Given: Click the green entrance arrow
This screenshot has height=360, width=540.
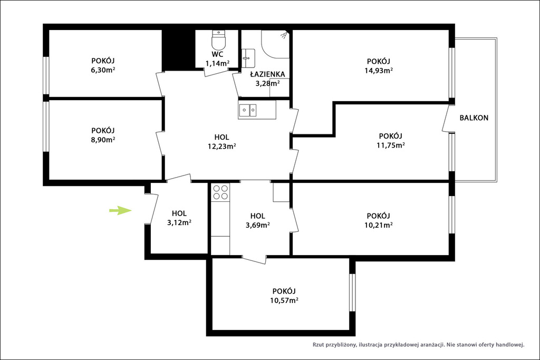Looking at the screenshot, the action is click(120, 210).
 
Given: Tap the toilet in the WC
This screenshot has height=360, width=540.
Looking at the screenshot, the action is click(218, 40).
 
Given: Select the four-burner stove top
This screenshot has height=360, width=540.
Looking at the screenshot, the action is click(220, 192).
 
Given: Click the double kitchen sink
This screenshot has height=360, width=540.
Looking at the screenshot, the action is click(248, 110).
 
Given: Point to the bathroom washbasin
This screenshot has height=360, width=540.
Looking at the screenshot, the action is click(248, 58).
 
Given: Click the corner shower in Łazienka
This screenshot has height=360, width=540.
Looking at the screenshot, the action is click(274, 44).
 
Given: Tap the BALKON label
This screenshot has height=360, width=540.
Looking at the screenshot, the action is click(474, 118).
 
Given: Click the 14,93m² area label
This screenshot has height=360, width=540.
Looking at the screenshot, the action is click(379, 71).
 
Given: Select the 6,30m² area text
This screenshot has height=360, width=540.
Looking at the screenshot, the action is click(103, 70).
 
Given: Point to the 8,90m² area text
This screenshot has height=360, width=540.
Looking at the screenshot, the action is click(103, 140).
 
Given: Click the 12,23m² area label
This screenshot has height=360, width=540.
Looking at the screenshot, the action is click(221, 147).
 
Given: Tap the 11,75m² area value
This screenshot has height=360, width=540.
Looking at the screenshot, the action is click(391, 145).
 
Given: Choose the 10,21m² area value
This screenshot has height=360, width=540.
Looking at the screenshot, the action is click(379, 226).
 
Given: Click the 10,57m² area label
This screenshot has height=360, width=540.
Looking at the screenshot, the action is click(284, 300).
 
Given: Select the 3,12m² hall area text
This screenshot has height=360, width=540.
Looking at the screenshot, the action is click(179, 222).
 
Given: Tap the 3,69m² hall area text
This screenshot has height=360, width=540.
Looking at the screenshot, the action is click(257, 226).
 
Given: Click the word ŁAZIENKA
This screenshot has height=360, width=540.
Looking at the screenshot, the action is click(267, 74).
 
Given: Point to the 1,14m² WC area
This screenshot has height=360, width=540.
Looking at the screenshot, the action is click(218, 63).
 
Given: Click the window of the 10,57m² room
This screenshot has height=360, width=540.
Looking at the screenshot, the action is click(352, 293).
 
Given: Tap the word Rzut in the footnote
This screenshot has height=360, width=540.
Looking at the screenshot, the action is click(319, 345).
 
